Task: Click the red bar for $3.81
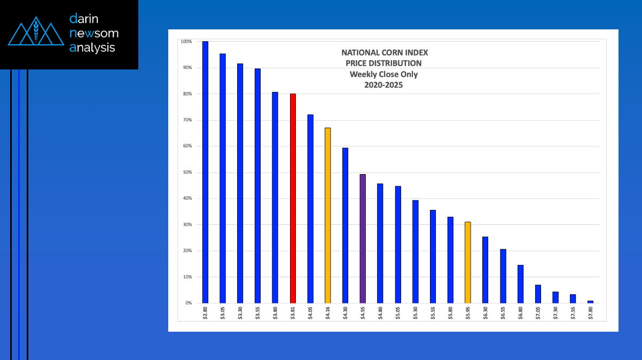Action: pyautogui.click(x=293, y=198)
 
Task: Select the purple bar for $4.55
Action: pyautogui.click(x=363, y=238)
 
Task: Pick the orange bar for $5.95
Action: pyautogui.click(x=468, y=262)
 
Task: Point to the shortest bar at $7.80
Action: pyautogui.click(x=590, y=302)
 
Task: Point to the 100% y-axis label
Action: pyautogui.click(x=186, y=42)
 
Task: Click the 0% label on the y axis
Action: pyautogui.click(x=187, y=303)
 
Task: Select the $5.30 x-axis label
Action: pyautogui.click(x=415, y=312)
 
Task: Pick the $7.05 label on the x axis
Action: pyautogui.click(x=538, y=312)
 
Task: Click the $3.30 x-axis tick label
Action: pyautogui.click(x=240, y=312)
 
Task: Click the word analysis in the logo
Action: pyautogui.click(x=92, y=48)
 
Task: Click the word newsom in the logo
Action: pyautogui.click(x=94, y=33)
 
